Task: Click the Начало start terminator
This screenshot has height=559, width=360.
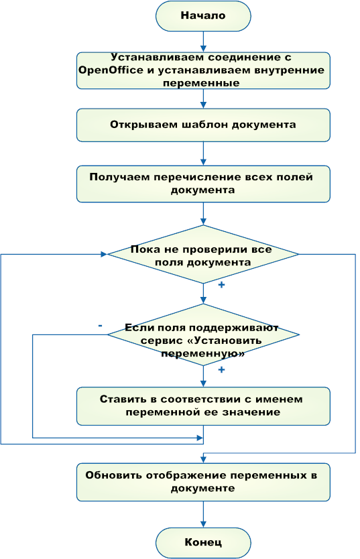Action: [x=203, y=16]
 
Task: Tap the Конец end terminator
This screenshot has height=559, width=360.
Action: [x=203, y=543]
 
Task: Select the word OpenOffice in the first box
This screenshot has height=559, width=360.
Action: [x=111, y=70]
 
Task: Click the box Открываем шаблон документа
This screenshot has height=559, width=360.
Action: [x=203, y=125]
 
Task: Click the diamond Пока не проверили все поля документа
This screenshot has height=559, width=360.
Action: [x=203, y=254]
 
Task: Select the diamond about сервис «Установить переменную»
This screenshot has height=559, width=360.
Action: [x=203, y=334]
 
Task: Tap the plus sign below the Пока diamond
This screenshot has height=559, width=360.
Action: [x=221, y=285]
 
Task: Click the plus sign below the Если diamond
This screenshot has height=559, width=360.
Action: [x=221, y=370]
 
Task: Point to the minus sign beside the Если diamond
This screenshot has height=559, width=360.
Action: [x=100, y=326]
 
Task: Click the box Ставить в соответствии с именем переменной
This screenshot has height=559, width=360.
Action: [x=203, y=406]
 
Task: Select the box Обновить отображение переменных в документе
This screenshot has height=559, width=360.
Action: [x=203, y=482]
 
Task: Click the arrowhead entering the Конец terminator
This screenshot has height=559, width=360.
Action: [x=203, y=524]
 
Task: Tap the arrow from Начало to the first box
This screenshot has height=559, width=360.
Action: [x=203, y=42]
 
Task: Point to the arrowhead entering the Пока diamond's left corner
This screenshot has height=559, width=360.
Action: [x=104, y=254]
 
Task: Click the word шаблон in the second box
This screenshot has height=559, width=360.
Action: [x=204, y=125]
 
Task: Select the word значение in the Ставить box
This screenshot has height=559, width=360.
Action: [x=251, y=412]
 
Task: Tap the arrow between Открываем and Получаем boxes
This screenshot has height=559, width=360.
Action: [x=203, y=153]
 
